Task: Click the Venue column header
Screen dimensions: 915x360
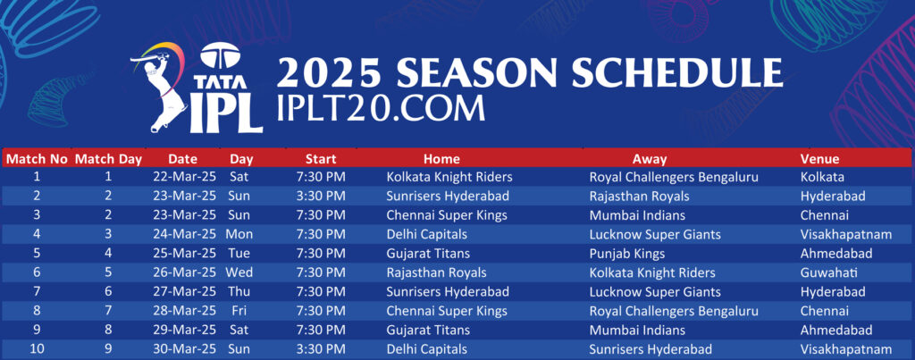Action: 819,159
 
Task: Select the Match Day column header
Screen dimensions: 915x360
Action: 108,159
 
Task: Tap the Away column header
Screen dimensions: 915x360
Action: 649,159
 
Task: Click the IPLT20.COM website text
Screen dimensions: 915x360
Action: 381,107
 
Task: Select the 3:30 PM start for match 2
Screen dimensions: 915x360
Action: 321,196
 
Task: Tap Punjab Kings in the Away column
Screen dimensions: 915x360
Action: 627,254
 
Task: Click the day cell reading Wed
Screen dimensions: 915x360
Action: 239,272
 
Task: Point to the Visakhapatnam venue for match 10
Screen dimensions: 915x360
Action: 846,349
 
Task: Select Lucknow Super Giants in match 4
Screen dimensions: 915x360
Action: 655,235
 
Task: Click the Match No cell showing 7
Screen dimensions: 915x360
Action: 36,292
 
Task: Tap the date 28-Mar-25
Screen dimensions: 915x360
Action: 184,311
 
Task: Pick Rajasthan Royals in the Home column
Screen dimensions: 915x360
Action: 436,272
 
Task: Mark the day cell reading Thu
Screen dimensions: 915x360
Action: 239,292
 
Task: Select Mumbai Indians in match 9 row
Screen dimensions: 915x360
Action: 637,331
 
